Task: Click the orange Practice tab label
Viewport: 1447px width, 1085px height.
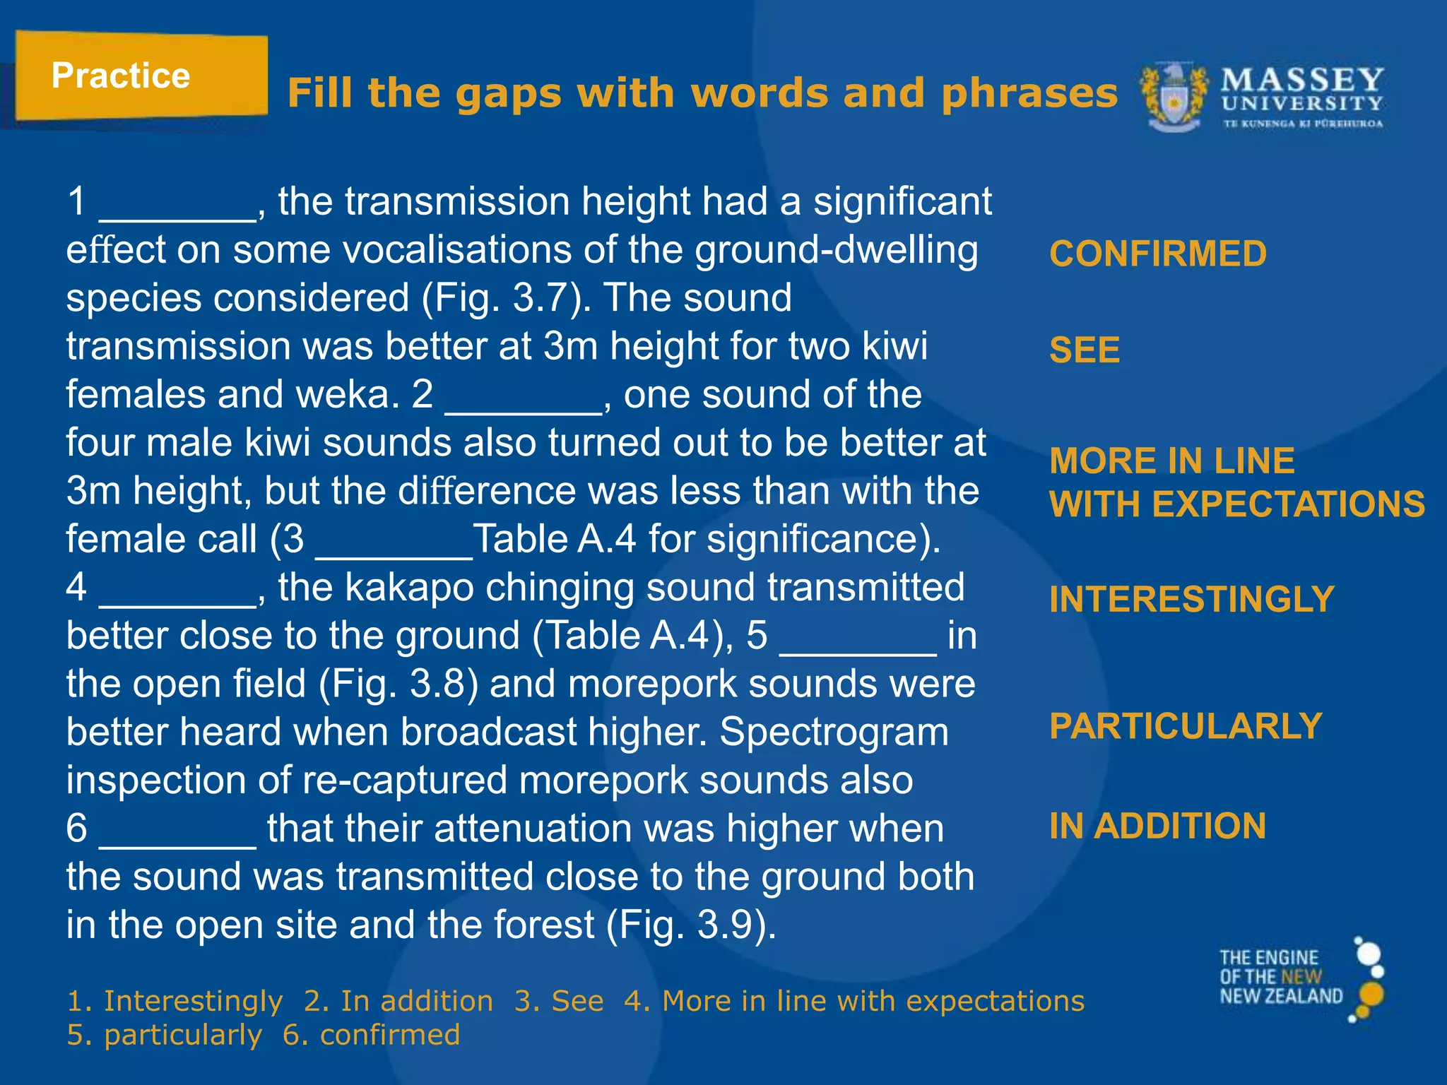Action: coord(121,76)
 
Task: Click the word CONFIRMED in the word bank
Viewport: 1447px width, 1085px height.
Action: coord(1157,254)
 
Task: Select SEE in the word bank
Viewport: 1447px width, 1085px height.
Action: coord(1085,350)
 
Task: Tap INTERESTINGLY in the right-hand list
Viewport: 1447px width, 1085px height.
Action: coord(1191,600)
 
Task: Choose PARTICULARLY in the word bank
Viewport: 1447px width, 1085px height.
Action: coord(1186,726)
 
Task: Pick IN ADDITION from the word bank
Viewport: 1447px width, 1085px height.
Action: coord(1157,826)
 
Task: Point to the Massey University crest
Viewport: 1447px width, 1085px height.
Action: coord(1174,97)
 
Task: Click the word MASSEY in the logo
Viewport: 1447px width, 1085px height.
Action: coord(1302,81)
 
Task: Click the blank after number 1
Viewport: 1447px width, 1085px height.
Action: coord(177,212)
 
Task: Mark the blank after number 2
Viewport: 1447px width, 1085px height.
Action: coord(523,405)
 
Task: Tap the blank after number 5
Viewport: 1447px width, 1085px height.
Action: coord(858,646)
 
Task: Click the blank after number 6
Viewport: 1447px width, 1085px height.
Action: coord(177,838)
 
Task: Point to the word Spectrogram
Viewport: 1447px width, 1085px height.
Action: coord(834,732)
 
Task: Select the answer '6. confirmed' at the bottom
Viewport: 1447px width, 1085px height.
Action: coord(371,1035)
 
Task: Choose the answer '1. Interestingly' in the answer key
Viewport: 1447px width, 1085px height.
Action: coord(175,1001)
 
